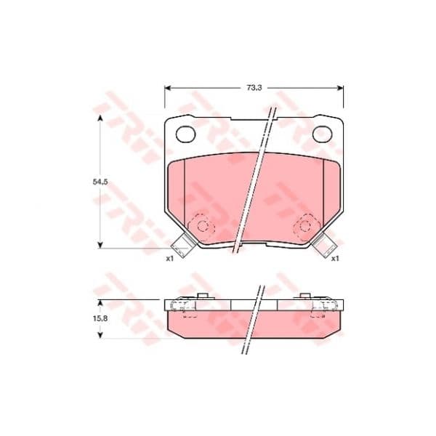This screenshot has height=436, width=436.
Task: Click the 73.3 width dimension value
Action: pos(254,88)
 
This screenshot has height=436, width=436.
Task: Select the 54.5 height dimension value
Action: pos(100,182)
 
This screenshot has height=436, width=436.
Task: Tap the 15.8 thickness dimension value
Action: pos(100,319)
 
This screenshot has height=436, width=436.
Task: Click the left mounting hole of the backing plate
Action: pos(186,134)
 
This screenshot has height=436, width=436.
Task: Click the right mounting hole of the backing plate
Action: pos(322,134)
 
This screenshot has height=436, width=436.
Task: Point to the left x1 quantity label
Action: pos(169,259)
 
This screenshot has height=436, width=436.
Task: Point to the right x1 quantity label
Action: pos(335,259)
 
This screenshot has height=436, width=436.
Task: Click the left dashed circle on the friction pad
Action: pos(203,226)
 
